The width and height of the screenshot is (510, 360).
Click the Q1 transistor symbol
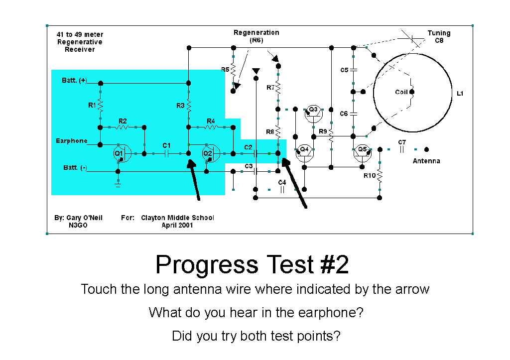(x=122, y=153)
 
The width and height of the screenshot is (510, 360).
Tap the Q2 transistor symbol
(x=211, y=153)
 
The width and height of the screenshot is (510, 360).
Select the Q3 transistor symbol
(x=314, y=113)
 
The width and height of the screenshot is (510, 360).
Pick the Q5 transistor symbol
(x=363, y=153)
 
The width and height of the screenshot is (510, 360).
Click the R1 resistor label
(x=92, y=105)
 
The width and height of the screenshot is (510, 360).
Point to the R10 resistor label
(x=370, y=176)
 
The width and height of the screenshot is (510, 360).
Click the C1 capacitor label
(x=166, y=145)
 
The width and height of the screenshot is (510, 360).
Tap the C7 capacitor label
(x=402, y=142)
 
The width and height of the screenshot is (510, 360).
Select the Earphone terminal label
(x=72, y=141)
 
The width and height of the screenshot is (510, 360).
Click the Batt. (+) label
(x=74, y=80)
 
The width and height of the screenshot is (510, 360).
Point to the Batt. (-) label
(x=75, y=167)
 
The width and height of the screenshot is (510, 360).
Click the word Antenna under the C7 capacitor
(x=426, y=161)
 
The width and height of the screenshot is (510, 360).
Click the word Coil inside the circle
(x=401, y=92)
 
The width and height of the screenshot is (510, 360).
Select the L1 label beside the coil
(x=460, y=93)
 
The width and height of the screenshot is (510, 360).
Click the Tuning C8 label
(x=439, y=37)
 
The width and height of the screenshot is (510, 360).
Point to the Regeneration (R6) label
(x=256, y=36)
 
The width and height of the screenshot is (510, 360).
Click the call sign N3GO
(x=78, y=225)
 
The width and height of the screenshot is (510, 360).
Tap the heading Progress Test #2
(x=252, y=264)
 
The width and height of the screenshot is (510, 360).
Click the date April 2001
(x=177, y=225)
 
